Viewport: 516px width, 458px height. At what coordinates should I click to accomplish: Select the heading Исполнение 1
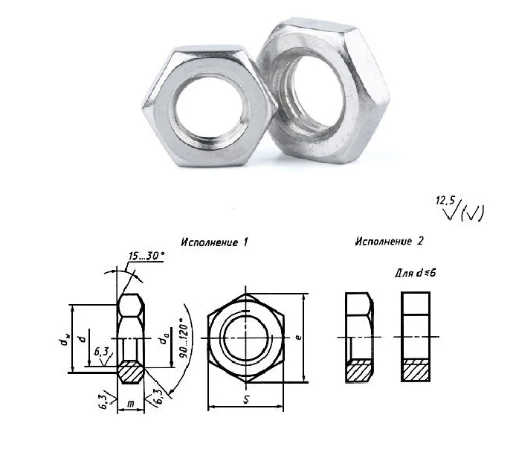click(214, 242)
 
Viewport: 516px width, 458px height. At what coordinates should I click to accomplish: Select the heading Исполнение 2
click(389, 241)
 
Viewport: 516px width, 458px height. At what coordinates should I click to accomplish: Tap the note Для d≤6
click(416, 273)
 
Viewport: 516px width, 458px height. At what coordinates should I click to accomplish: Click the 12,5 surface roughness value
click(445, 200)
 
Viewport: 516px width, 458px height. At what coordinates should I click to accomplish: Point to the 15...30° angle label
click(146, 256)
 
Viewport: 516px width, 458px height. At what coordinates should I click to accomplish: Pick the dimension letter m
click(131, 404)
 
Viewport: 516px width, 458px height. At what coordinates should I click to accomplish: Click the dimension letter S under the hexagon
click(246, 399)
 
